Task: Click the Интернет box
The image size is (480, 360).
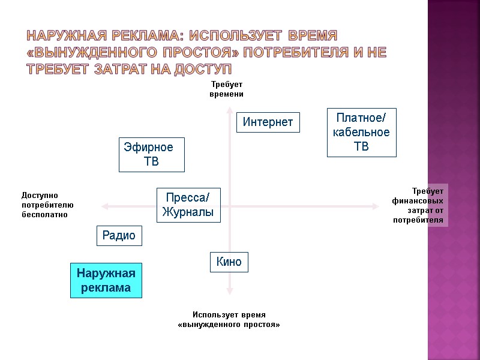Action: pos(268,122)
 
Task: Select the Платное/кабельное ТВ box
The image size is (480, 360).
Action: pos(361,132)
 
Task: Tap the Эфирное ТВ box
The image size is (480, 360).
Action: pos(151,154)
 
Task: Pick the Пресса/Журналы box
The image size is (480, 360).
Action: pos(188,205)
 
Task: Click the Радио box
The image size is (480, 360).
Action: pos(119,236)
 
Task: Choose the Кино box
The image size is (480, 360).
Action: pos(229,262)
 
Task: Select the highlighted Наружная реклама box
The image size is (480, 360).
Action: pos(106,281)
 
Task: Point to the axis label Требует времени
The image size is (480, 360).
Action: pos(227,89)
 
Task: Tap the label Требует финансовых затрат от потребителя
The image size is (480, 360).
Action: pos(418,205)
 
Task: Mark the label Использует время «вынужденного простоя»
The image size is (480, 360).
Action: pos(229,319)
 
